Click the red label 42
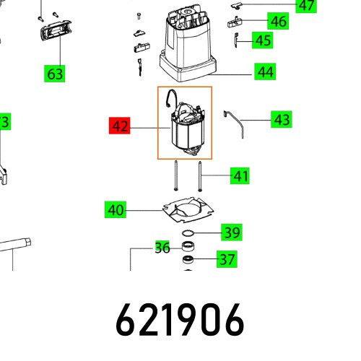pyautogui.click(x=120, y=126)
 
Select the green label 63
pyautogui.click(x=55, y=73)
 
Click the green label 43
pyautogui.click(x=282, y=119)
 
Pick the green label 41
pyautogui.click(x=240, y=175)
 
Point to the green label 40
pyautogui.click(x=115, y=211)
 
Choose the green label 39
pyautogui.click(x=231, y=232)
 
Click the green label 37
pyautogui.click(x=227, y=258)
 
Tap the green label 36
pyautogui.click(x=162, y=248)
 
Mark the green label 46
pyautogui.click(x=277, y=21)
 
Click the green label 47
pyautogui.click(x=307, y=6)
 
